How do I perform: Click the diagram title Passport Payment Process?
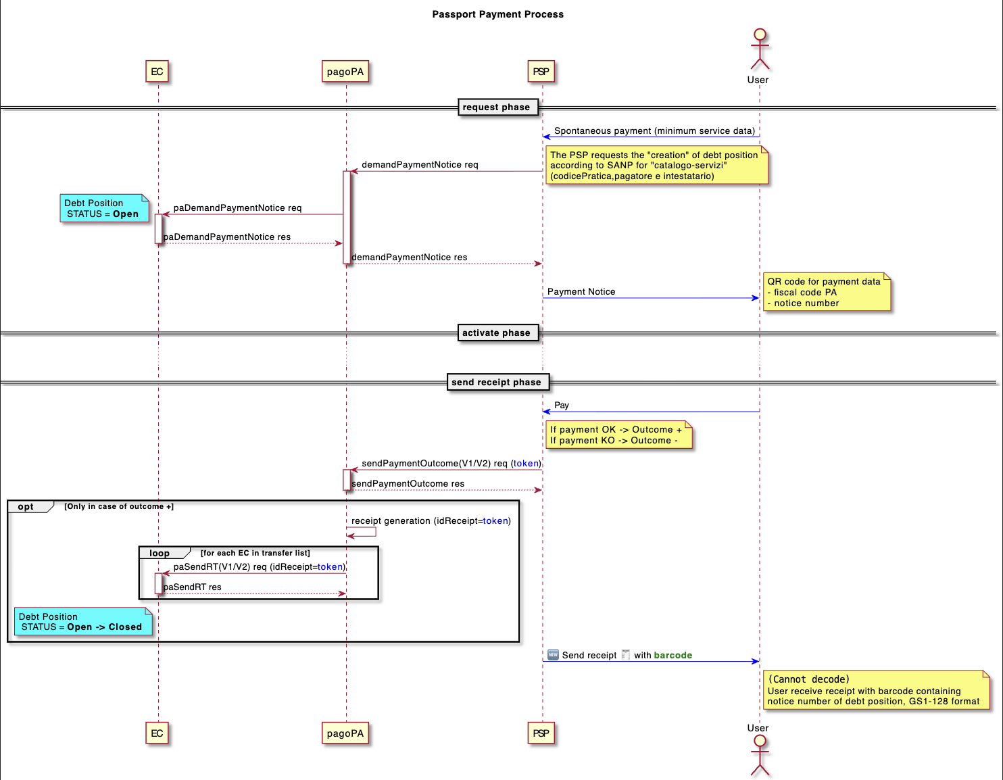[x=497, y=14]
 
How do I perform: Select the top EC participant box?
[x=157, y=72]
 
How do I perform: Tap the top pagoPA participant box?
[x=345, y=72]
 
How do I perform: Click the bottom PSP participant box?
[x=541, y=733]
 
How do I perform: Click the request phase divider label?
[x=497, y=107]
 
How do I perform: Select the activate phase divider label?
[x=497, y=333]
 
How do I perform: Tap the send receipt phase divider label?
[x=497, y=382]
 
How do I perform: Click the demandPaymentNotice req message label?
[x=420, y=165]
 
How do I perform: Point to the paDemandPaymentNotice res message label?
[x=227, y=237]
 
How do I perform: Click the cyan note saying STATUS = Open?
[x=103, y=208]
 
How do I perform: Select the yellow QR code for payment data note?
[x=826, y=292]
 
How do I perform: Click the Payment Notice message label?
[x=581, y=292]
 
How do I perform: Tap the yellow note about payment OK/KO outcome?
[x=618, y=435]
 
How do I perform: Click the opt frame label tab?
[x=27, y=507]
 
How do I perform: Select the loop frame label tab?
[x=160, y=553]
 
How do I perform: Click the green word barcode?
[x=673, y=655]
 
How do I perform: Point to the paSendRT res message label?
[x=193, y=587]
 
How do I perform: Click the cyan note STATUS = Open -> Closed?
[x=82, y=622]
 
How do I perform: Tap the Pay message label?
[x=562, y=406]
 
